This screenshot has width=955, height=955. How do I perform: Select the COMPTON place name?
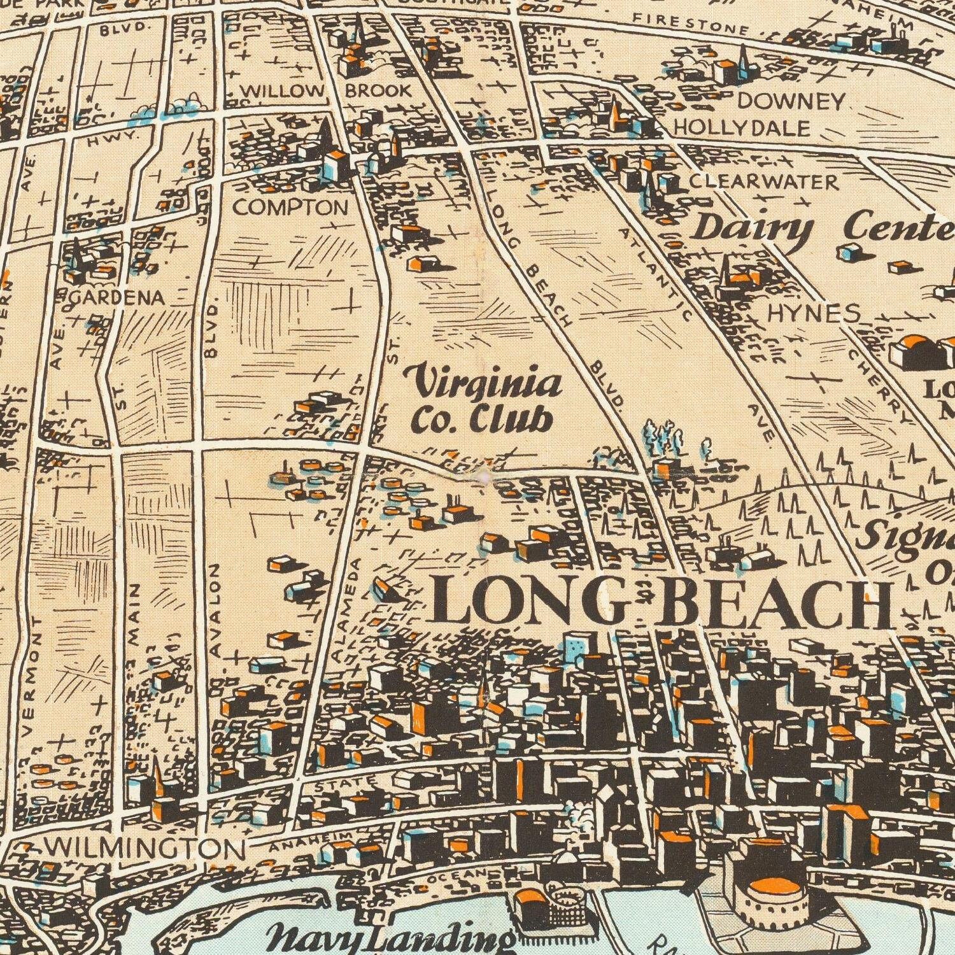click(290, 207)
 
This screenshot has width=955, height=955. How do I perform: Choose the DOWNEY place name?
click(790, 101)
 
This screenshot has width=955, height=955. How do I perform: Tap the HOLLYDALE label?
click(742, 128)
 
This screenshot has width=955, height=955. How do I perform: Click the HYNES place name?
click(813, 313)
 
